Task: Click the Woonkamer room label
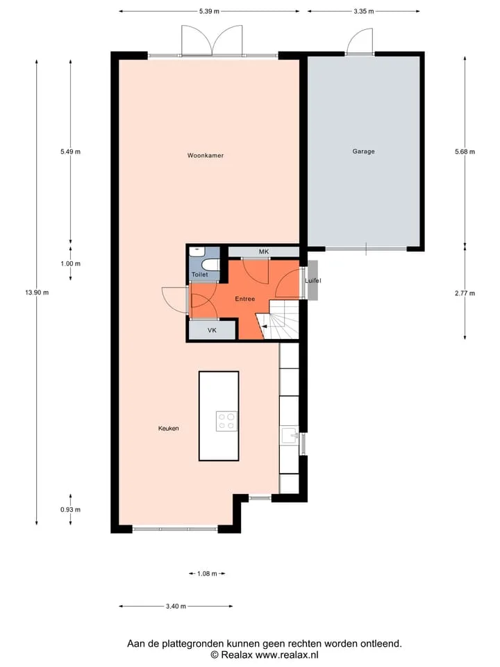click(206, 156)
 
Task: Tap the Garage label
click(363, 151)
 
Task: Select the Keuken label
click(168, 429)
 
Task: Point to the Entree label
click(245, 299)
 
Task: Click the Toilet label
click(200, 275)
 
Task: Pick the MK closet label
click(264, 252)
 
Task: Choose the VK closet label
click(212, 330)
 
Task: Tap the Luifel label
click(313, 281)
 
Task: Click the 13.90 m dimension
click(37, 293)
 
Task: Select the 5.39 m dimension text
click(209, 12)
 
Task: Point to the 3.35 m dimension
click(363, 12)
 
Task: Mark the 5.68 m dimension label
click(465, 151)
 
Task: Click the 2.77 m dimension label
click(465, 293)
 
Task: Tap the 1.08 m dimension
click(207, 574)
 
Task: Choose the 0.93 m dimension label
click(70, 509)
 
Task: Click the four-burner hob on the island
click(226, 421)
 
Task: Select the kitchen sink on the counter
click(290, 436)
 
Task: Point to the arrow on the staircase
click(265, 327)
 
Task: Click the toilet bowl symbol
click(210, 265)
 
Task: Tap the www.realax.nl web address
click(287, 655)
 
